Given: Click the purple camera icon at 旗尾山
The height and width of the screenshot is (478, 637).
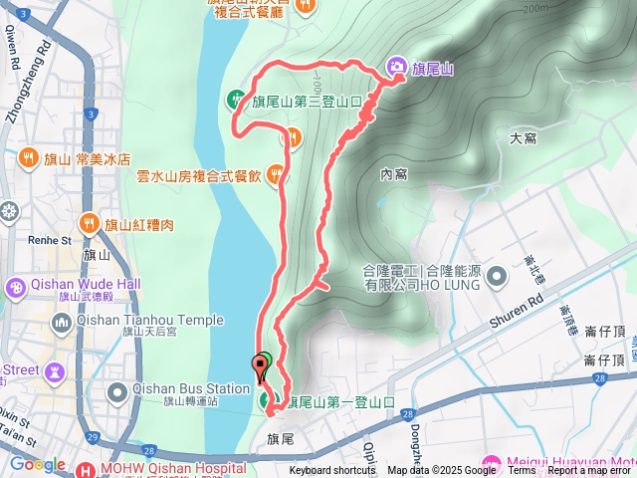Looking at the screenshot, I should tap(397, 68).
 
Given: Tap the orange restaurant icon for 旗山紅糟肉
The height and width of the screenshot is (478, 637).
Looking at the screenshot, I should tap(90, 223).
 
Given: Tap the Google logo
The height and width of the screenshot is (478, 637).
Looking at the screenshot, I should tap(37, 465).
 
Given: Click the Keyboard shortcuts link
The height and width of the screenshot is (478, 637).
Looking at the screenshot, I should tap(332, 471).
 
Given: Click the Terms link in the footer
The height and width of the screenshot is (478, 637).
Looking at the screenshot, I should tap(522, 471).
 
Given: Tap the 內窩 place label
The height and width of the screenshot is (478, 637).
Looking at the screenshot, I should tap(393, 174).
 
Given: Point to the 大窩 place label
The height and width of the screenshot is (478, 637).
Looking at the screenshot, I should tap(523, 137).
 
